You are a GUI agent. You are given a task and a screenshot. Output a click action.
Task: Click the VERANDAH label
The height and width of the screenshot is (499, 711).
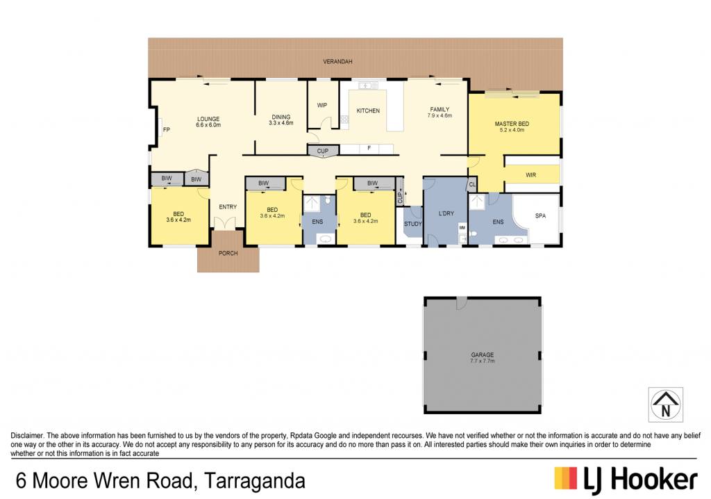coord(337,61)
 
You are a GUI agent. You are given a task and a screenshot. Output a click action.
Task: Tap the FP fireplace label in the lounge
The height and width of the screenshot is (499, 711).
coord(167,130)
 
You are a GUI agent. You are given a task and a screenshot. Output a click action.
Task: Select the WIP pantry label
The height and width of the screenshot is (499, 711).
coord(322,106)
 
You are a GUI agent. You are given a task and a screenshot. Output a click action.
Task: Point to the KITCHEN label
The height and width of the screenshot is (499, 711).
coord(368,111)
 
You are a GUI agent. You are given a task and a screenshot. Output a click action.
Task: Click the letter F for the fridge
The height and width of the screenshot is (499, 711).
coord(369,148)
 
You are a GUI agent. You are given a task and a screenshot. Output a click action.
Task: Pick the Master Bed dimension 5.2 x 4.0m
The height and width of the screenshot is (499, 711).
coord(512,130)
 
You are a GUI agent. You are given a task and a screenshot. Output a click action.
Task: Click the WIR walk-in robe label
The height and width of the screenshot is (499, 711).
coord(530,175)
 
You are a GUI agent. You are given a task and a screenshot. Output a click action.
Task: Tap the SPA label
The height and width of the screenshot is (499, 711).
coord(540,216)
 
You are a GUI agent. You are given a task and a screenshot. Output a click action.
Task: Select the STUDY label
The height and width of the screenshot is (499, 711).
coord(412,224)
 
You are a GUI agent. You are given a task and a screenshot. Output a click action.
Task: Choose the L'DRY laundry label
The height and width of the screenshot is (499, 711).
coord(446,213)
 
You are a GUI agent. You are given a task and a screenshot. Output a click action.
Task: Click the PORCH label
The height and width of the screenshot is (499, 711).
coord(228,254)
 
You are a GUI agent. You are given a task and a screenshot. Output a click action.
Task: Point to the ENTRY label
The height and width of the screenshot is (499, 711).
coord(228,207)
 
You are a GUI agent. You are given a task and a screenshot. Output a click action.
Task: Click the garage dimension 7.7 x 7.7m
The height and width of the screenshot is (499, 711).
coord(483,361)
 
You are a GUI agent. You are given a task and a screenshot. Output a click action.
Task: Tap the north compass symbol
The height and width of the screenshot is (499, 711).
coord(666,405)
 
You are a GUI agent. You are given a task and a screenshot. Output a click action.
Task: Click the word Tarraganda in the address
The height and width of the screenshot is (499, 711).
coord(255,481)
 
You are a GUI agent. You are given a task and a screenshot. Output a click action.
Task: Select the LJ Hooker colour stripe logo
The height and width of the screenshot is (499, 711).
coord(565,479)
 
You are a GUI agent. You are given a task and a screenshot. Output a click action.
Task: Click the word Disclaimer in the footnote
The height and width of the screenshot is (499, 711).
coord(27,436)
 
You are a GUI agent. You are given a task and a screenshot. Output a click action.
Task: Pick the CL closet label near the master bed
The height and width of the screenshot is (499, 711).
coord(472,184)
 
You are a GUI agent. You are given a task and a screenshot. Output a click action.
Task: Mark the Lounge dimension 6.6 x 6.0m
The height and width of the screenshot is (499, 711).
coord(208,125)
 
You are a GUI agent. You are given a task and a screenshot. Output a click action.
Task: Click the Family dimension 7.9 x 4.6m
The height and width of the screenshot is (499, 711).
coord(440,116)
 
